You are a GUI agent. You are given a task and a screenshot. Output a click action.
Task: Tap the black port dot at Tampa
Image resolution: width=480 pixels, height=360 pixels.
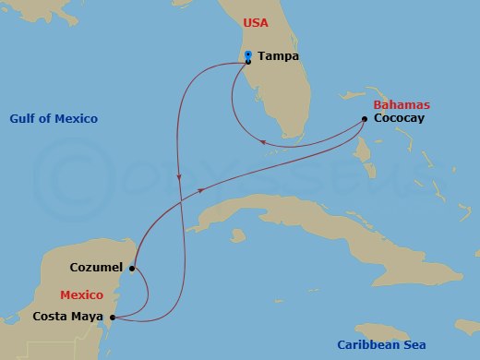pos(248,63)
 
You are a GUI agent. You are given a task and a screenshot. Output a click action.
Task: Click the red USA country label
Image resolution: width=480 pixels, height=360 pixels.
pos(256,22)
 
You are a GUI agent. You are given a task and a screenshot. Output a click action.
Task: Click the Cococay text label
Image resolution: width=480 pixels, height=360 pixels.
pos(400,119)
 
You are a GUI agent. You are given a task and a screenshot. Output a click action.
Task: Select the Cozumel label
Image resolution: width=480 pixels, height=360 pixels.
pos(97,269)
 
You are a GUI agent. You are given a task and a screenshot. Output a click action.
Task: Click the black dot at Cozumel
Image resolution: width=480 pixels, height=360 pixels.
pos(133,270)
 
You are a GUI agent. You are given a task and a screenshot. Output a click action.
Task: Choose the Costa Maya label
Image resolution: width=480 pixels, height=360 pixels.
pos(68,317)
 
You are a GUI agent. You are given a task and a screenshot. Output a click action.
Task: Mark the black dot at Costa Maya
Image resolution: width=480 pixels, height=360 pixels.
pos(113,318)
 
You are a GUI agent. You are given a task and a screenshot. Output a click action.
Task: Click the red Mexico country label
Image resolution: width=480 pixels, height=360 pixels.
pos(80,294)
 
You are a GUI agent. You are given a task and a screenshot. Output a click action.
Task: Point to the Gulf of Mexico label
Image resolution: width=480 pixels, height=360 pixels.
pos(54,119)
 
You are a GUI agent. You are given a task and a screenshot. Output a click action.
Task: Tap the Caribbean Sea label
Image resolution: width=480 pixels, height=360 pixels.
pos(380,344)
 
